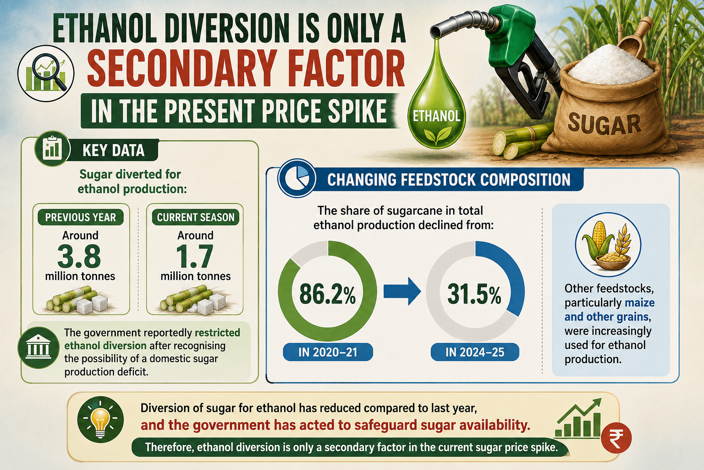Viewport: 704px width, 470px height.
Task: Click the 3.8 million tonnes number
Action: pyautogui.click(x=79, y=256)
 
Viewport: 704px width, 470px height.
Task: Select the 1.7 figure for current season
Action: pyautogui.click(x=194, y=256)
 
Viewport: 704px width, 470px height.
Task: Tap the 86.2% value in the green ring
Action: pyautogui.click(x=328, y=294)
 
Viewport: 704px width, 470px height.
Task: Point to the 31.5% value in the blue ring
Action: pyautogui.click(x=474, y=294)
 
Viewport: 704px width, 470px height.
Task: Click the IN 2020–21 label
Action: pyautogui.click(x=328, y=352)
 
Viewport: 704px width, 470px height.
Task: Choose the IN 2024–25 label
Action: pyautogui.click(x=475, y=352)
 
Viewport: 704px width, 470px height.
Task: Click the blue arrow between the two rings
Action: pyautogui.click(x=402, y=291)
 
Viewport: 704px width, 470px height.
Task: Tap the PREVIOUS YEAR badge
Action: pyautogui.click(x=81, y=217)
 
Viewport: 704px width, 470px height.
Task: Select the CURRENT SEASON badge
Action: pyautogui.click(x=196, y=217)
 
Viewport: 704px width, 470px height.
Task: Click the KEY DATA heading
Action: pyautogui.click(x=114, y=150)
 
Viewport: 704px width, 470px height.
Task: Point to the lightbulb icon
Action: pyautogui.click(x=100, y=420)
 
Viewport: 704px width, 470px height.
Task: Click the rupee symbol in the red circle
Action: pyautogui.click(x=616, y=438)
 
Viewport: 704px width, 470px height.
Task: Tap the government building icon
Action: pyautogui.click(x=38, y=347)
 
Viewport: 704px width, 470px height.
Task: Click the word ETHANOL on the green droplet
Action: pyautogui.click(x=436, y=116)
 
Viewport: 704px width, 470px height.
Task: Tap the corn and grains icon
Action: pyautogui.click(x=608, y=245)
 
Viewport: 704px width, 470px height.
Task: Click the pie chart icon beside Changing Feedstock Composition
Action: pyautogui.click(x=297, y=178)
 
